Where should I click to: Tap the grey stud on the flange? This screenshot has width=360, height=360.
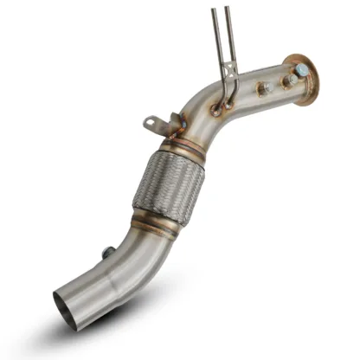(x=303, y=70)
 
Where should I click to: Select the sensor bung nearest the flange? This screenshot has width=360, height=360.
(x=287, y=80)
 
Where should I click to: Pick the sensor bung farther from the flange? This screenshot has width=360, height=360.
(x=261, y=87)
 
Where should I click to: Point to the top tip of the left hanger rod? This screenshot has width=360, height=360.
(x=214, y=10)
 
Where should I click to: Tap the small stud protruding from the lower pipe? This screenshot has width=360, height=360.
(x=105, y=253)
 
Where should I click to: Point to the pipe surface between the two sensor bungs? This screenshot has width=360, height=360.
(x=274, y=84)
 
